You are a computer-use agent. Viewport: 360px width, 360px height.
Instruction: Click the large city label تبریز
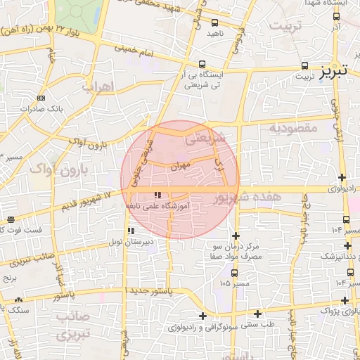[x=334, y=71]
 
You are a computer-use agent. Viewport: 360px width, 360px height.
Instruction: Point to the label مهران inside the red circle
[x=180, y=167]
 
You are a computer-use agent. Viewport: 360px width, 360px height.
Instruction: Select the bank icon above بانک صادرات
[x=41, y=98]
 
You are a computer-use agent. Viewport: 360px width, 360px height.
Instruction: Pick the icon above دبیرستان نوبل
[x=129, y=230]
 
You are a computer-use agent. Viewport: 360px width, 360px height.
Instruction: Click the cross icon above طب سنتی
[x=258, y=314]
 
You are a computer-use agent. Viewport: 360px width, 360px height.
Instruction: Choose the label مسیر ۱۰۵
[x=234, y=283]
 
